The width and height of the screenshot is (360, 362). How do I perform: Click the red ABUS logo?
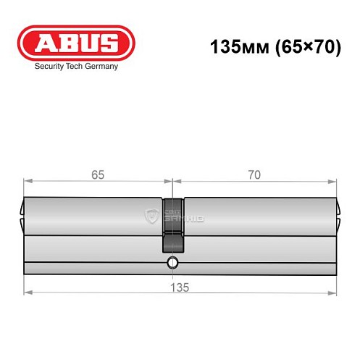pyautogui.click(x=70, y=43)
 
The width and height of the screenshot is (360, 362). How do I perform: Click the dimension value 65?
pyautogui.click(x=98, y=174)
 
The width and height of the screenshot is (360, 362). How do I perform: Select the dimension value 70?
pyautogui.click(x=254, y=174)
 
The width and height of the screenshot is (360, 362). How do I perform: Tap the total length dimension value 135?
pyautogui.click(x=180, y=287)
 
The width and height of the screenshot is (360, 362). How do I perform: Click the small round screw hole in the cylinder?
pyautogui.click(x=172, y=261)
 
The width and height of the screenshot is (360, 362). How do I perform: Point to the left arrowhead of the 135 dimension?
pyautogui.click(x=28, y=293)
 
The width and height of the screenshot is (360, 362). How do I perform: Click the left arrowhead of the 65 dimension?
pyautogui.click(x=28, y=182)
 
